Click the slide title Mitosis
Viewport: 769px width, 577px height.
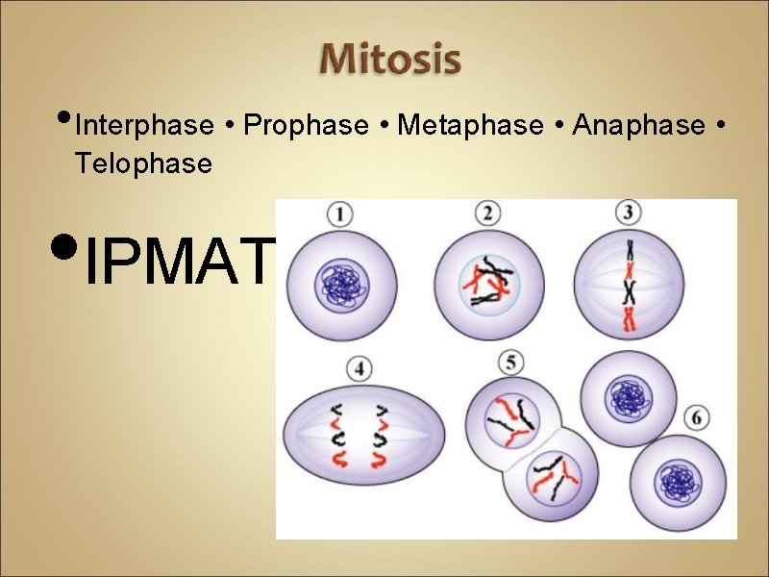(x=390, y=61)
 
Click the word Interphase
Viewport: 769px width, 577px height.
(x=144, y=126)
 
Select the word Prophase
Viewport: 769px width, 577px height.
(x=307, y=126)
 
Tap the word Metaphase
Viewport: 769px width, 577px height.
(x=470, y=126)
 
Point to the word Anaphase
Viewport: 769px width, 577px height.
(x=638, y=126)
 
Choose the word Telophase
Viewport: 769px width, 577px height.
(x=144, y=163)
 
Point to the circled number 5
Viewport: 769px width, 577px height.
(x=511, y=364)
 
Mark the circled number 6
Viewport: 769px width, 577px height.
(x=699, y=419)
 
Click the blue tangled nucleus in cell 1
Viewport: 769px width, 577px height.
(x=342, y=286)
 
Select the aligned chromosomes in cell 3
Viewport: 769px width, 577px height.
(x=630, y=286)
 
